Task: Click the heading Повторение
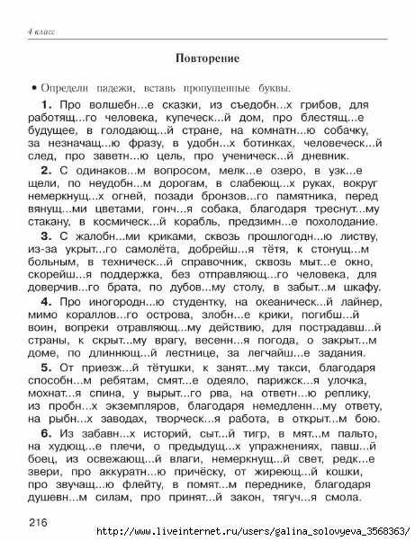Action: tap(207, 59)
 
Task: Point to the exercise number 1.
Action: tap(46, 105)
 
